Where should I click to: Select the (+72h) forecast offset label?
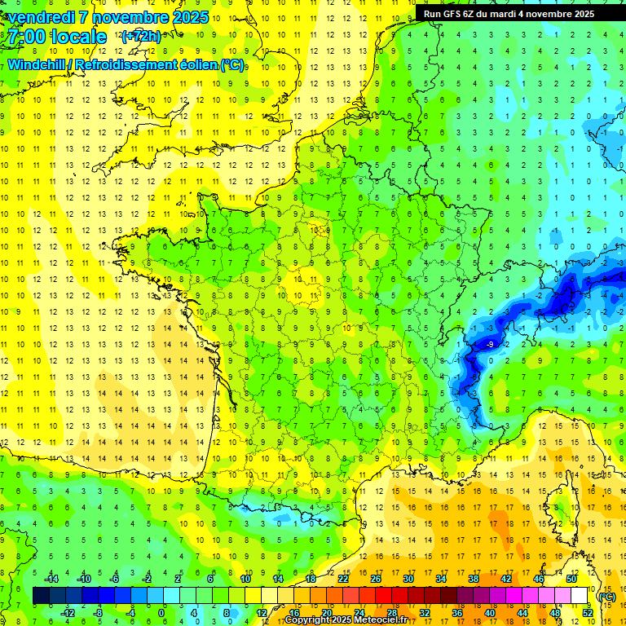(141, 37)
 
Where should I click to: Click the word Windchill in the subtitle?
(37, 64)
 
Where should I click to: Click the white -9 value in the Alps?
(489, 346)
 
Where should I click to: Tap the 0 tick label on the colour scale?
(161, 612)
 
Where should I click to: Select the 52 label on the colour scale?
(588, 612)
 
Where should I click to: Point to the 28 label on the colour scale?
(392, 612)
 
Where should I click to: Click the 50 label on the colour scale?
(571, 579)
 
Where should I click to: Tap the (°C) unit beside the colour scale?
(606, 596)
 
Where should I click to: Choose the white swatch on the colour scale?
(580, 596)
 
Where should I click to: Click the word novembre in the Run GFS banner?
(551, 14)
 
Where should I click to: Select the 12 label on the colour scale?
(261, 612)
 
